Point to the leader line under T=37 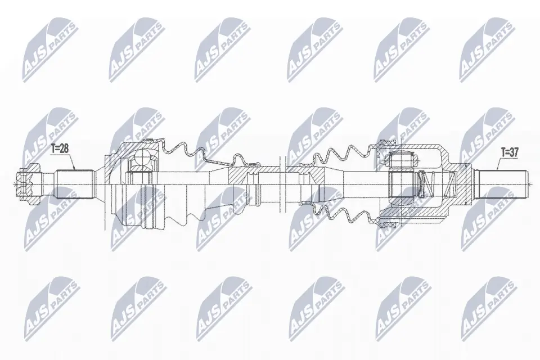(501, 164)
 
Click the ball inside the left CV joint (145, 158)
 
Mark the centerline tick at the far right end (529, 182)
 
